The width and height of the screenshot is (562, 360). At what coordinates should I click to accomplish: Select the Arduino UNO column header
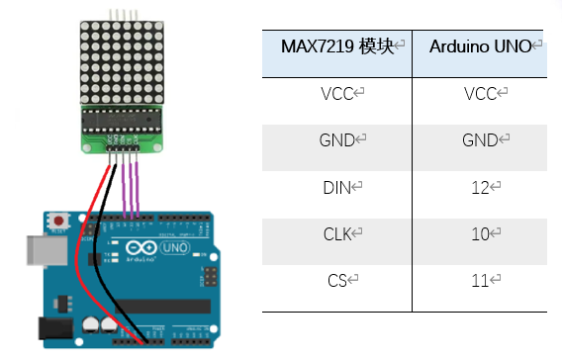tap(481, 46)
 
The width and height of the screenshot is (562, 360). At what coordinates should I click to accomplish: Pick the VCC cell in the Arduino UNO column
tap(481, 94)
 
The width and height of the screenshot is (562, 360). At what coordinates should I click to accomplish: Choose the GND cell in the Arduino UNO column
tap(481, 140)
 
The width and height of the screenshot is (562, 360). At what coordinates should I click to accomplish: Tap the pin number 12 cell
tap(481, 187)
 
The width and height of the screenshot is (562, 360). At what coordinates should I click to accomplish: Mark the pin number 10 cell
tap(481, 233)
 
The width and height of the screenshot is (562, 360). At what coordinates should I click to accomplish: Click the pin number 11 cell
tap(481, 281)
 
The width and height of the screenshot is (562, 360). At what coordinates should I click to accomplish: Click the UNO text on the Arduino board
tap(174, 246)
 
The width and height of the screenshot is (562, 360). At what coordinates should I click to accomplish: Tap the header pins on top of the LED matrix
tap(122, 14)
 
